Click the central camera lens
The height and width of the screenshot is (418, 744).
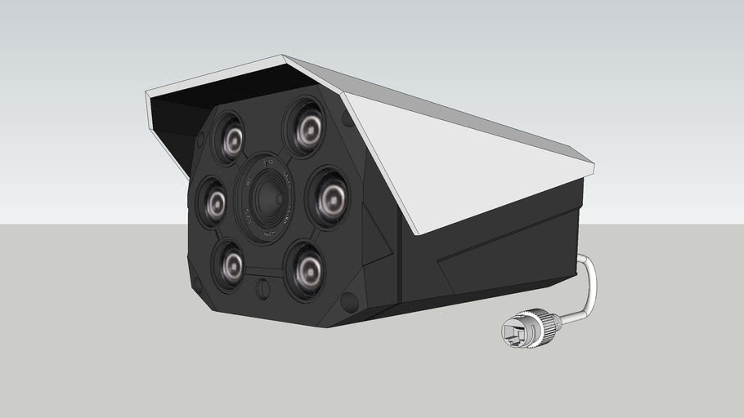pos(266,199)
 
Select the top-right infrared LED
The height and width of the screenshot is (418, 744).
pos(307,127)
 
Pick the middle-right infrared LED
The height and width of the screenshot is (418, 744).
pos(329,198)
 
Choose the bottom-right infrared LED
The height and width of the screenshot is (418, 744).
pos(307,265)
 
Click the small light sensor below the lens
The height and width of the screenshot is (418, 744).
pos(262,288)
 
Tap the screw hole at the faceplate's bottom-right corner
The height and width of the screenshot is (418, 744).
pos(349,302)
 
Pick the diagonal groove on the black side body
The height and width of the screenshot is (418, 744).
pos(491,245)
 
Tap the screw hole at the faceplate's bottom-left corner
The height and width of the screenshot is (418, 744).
pos(196,285)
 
